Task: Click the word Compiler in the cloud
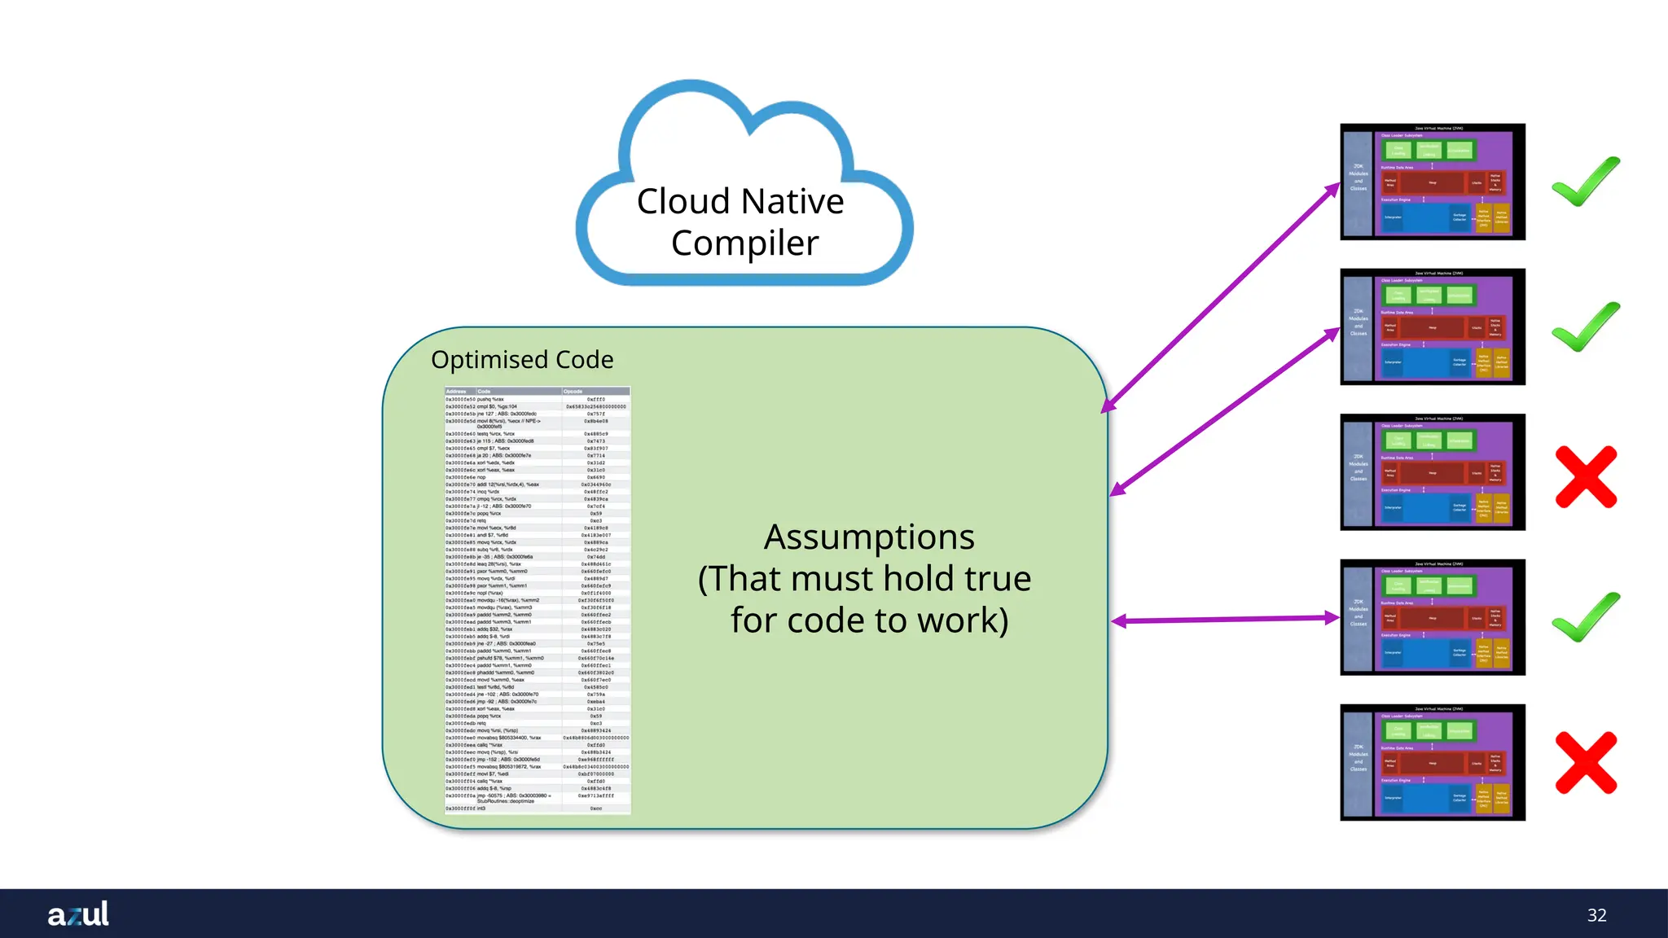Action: pos(744,243)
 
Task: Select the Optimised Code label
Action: pos(522,359)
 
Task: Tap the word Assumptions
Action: pos(869,537)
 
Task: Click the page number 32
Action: pos(1596,915)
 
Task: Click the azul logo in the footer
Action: pos(78,914)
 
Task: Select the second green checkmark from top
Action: pos(1585,327)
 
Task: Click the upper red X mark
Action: pos(1586,476)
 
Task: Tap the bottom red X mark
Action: pos(1586,762)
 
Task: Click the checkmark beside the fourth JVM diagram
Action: pos(1585,616)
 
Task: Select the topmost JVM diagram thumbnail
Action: pos(1432,182)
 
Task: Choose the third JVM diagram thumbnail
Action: pos(1432,472)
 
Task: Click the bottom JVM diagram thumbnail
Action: pos(1432,762)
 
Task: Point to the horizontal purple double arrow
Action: pos(1225,620)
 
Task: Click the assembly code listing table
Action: pos(538,600)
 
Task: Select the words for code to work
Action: pos(869,620)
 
